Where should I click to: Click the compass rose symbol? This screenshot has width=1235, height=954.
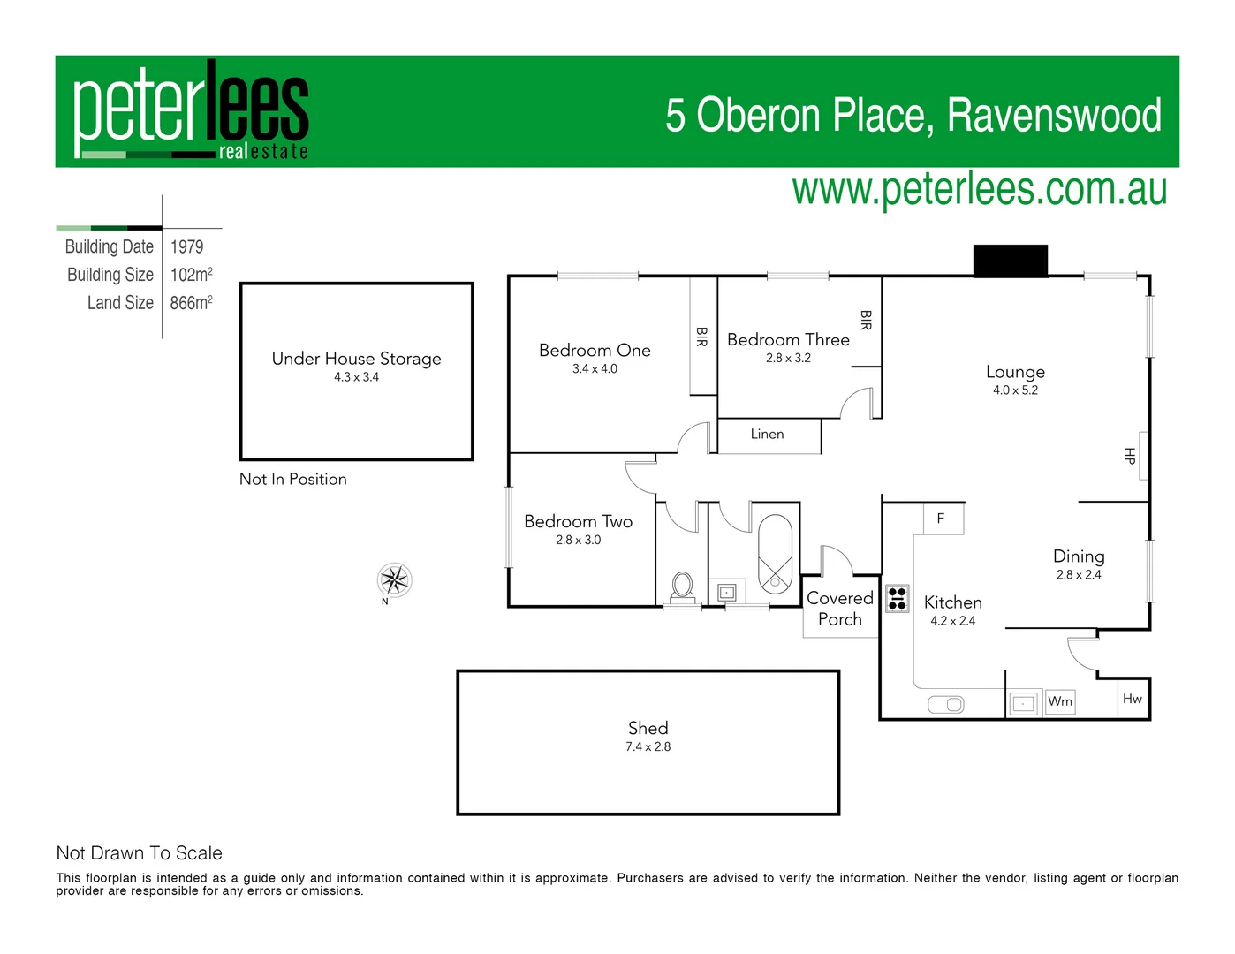(394, 580)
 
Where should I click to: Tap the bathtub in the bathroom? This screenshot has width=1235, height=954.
(776, 553)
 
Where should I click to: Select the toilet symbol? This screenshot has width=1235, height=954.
(682, 586)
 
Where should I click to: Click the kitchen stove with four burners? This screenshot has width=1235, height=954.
(898, 598)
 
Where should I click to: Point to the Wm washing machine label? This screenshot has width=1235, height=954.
(1060, 701)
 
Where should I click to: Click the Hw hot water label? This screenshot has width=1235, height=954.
(1132, 699)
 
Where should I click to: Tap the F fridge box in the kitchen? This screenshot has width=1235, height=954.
(941, 519)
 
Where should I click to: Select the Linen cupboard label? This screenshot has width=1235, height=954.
(767, 435)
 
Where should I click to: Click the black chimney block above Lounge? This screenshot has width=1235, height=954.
(1010, 261)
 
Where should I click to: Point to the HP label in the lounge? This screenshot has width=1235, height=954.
(1129, 456)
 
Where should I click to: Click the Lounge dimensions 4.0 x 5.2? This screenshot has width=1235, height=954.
(1015, 390)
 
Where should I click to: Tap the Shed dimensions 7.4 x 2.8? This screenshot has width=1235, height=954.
(648, 747)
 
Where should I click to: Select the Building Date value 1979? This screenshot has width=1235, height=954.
(186, 247)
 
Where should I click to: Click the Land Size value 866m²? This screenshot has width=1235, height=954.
(191, 303)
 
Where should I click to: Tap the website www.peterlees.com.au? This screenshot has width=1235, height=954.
(979, 190)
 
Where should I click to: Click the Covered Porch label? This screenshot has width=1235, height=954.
(839, 609)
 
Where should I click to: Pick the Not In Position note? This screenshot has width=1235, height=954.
(293, 480)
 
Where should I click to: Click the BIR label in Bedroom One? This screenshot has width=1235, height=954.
(701, 337)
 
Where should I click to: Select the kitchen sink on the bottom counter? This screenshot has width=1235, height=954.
(945, 704)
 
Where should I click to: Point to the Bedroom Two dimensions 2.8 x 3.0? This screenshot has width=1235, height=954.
(578, 541)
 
